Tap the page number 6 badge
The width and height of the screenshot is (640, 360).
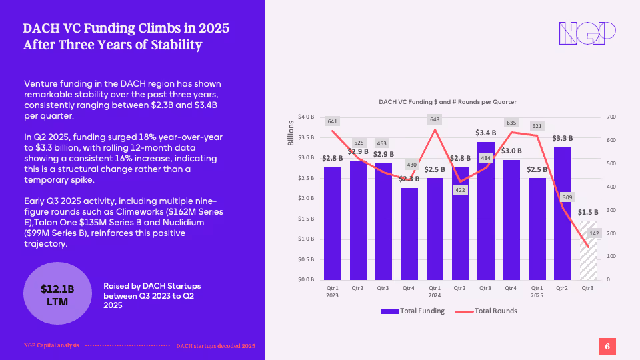607,346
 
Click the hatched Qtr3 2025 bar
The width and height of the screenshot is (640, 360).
587,250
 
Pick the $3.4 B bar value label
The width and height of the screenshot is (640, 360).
486,133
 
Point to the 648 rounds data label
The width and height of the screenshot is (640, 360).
435,119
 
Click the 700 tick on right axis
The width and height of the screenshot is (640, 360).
611,117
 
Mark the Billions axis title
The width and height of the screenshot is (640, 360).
291,133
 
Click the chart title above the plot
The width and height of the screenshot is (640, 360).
447,101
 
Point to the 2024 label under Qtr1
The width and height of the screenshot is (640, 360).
435,295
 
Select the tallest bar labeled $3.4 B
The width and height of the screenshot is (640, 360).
486,210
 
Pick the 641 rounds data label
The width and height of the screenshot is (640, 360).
333,121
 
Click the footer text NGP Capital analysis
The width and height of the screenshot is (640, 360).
51,345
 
